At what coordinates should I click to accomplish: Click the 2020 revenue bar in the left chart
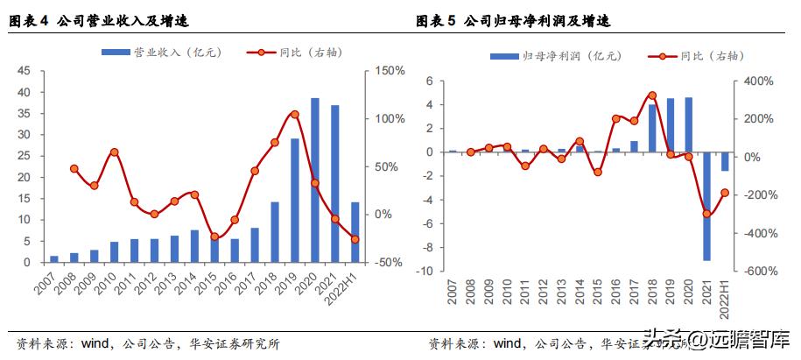tap(315, 180)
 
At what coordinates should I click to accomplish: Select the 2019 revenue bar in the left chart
tap(295, 201)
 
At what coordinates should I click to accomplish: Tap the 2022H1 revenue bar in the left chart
tap(355, 232)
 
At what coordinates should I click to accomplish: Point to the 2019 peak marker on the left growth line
tap(295, 114)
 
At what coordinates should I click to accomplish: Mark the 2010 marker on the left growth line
tap(114, 152)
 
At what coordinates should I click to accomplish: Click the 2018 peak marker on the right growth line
tap(652, 95)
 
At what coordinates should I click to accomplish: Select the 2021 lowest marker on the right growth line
tap(706, 214)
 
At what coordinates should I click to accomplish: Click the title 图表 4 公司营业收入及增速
tap(101, 20)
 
